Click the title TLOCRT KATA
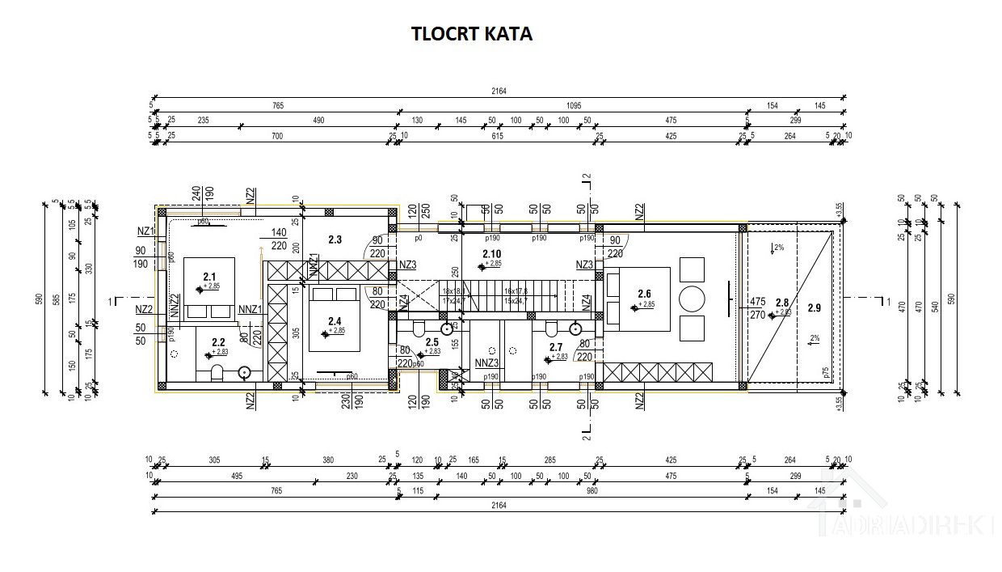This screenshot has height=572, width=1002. pos(472,34)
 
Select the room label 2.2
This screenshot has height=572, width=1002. pos(217,342)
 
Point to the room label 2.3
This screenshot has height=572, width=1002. pos(335,239)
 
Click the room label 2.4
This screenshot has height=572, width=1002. pos(335,321)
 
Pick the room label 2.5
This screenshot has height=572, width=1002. pos(432,341)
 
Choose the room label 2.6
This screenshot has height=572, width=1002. pos(644,294)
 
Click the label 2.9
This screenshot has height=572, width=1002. pos(814,307)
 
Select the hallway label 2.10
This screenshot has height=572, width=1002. pos(491,254)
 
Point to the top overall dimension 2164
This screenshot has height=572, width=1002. pos(498,91)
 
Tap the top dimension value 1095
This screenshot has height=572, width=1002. pos(573,106)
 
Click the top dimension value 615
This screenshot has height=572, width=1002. pos(497,136)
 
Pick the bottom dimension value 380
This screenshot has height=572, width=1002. pos(327,460)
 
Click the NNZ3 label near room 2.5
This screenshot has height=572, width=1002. pos(486,362)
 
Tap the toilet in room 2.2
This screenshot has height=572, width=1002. pos(216,372)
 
